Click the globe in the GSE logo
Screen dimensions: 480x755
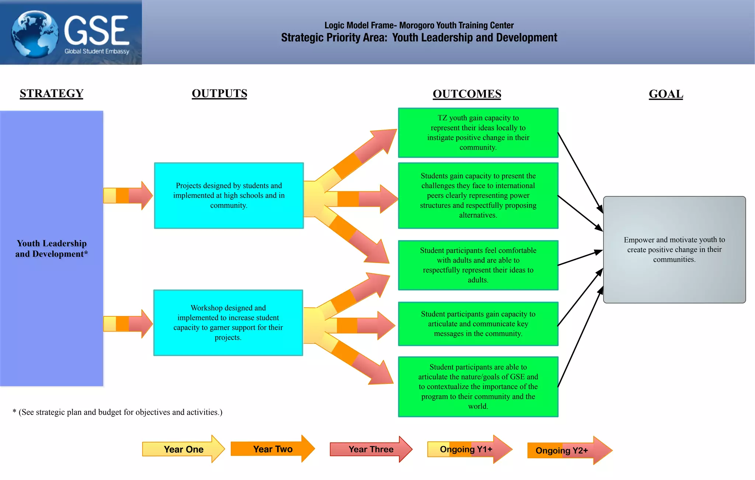(x=35, y=34)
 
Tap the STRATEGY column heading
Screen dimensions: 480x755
(x=52, y=93)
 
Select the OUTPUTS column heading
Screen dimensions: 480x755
(x=219, y=93)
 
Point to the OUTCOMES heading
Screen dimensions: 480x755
(x=467, y=94)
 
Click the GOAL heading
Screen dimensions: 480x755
(x=666, y=94)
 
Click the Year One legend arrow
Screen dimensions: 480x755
(x=183, y=449)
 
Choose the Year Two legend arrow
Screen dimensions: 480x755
(x=272, y=449)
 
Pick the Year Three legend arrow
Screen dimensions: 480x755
(x=370, y=449)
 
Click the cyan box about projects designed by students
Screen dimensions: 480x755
(x=229, y=196)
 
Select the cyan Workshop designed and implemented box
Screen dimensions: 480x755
(x=228, y=323)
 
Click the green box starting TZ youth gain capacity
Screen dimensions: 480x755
(x=478, y=133)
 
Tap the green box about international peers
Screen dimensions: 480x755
(x=478, y=196)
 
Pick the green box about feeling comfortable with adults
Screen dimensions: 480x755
(x=478, y=265)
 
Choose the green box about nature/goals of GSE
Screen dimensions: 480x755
(x=478, y=386)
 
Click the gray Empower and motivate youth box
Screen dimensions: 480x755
(x=674, y=249)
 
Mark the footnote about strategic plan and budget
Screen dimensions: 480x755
(x=118, y=412)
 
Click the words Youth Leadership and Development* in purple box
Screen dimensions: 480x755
(x=52, y=249)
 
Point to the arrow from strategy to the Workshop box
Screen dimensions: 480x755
(x=128, y=323)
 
